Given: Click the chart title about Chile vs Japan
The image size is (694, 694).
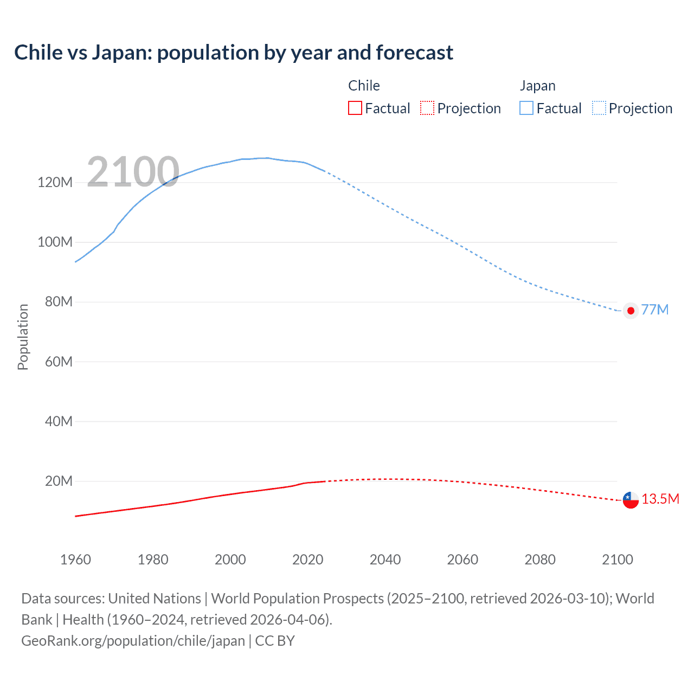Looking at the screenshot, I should tap(234, 53).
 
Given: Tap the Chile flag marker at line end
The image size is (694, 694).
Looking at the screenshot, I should tap(631, 499).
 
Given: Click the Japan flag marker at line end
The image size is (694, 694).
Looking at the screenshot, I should tap(631, 311).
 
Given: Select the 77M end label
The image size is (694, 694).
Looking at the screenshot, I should tap(654, 310).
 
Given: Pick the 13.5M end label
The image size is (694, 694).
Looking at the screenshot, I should tap(660, 499).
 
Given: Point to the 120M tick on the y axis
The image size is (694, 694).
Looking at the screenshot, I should tap(55, 182).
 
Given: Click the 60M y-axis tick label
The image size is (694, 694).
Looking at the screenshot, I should tap(58, 362).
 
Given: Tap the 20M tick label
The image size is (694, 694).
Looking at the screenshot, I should tap(58, 481).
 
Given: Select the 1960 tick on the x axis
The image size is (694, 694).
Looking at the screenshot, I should tap(75, 560).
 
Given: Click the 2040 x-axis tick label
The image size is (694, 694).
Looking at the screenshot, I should tap(385, 560).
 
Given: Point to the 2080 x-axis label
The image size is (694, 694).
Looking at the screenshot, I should tap(540, 560).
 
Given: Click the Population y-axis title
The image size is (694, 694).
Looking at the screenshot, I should tap(23, 337).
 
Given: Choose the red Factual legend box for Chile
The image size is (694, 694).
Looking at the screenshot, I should tap(355, 108).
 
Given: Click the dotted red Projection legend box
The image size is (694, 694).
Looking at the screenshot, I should tap(427, 108).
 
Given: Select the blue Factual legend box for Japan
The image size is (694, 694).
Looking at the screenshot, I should tap(526, 108).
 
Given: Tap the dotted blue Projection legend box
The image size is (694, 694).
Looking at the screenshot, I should tap(599, 108).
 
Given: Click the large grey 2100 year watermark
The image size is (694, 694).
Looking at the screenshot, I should tap(133, 172).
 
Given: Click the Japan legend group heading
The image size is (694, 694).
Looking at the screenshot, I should tap(537, 86).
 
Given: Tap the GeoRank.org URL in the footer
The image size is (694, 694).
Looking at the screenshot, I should tap(133, 641).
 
